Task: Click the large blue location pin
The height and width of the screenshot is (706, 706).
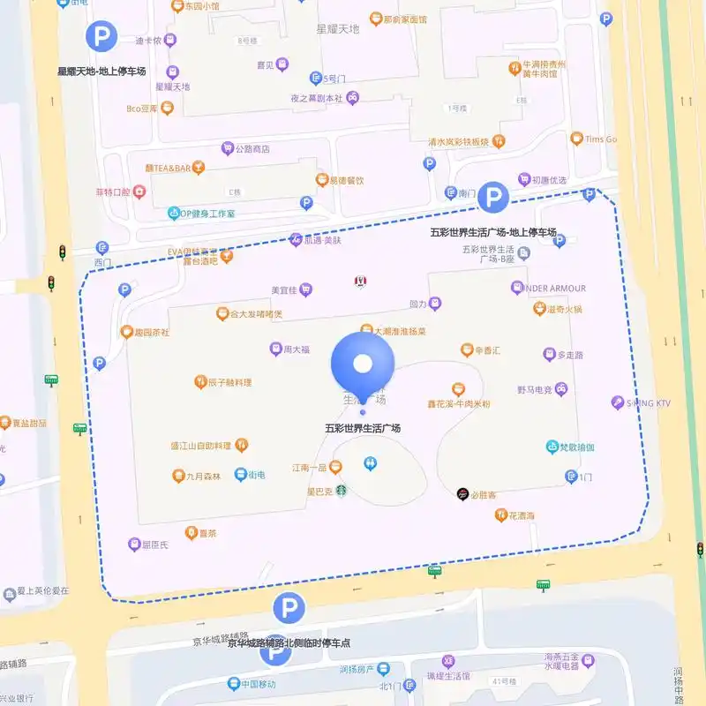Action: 362,364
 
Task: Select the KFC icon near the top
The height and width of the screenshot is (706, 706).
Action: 360,282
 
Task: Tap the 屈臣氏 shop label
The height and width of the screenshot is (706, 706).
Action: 154,545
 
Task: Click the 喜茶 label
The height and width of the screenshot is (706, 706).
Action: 207,533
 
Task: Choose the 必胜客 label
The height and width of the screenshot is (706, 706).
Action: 484,495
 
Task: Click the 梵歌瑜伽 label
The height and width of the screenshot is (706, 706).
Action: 577,447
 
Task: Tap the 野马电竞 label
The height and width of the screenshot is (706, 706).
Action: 535,389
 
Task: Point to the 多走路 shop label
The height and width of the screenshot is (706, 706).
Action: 570,355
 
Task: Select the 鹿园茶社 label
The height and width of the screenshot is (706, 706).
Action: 151,332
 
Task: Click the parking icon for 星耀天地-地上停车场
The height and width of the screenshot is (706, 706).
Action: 101,37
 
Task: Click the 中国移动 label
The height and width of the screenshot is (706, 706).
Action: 258,683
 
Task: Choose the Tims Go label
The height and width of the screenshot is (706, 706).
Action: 600,139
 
